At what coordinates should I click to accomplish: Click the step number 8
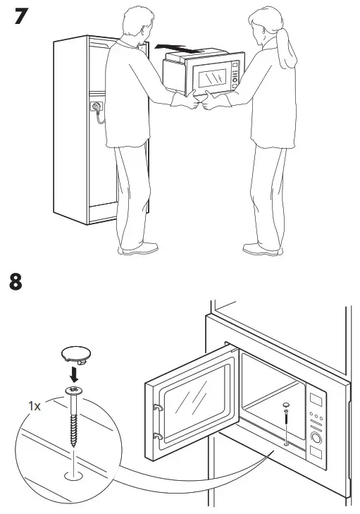point(15,283)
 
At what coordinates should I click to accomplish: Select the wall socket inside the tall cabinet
point(94,108)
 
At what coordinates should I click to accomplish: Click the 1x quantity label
point(34,406)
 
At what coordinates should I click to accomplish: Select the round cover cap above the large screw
point(73,354)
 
